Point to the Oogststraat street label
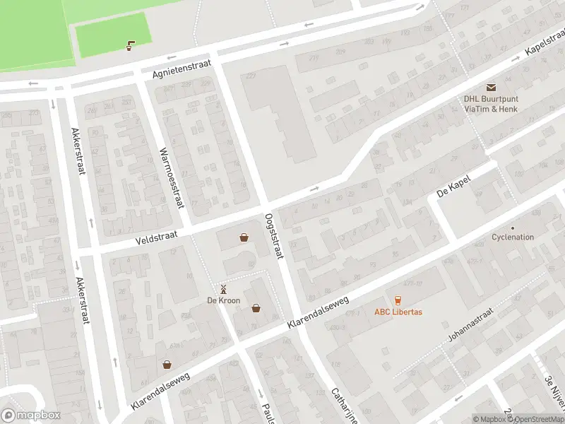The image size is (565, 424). [273, 236]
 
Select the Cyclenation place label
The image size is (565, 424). [513, 237]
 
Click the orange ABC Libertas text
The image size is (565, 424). [398, 312]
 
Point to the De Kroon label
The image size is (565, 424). [223, 300]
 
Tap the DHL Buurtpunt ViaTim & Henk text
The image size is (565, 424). [490, 104]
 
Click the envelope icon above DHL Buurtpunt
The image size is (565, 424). [490, 87]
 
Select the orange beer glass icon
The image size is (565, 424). [398, 300]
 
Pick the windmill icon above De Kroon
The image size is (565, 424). [223, 288]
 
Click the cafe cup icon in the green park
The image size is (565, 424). [130, 47]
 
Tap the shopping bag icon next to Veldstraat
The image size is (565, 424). [244, 238]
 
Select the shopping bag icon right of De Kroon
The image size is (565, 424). [256, 307]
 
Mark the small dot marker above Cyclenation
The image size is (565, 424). [513, 228]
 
